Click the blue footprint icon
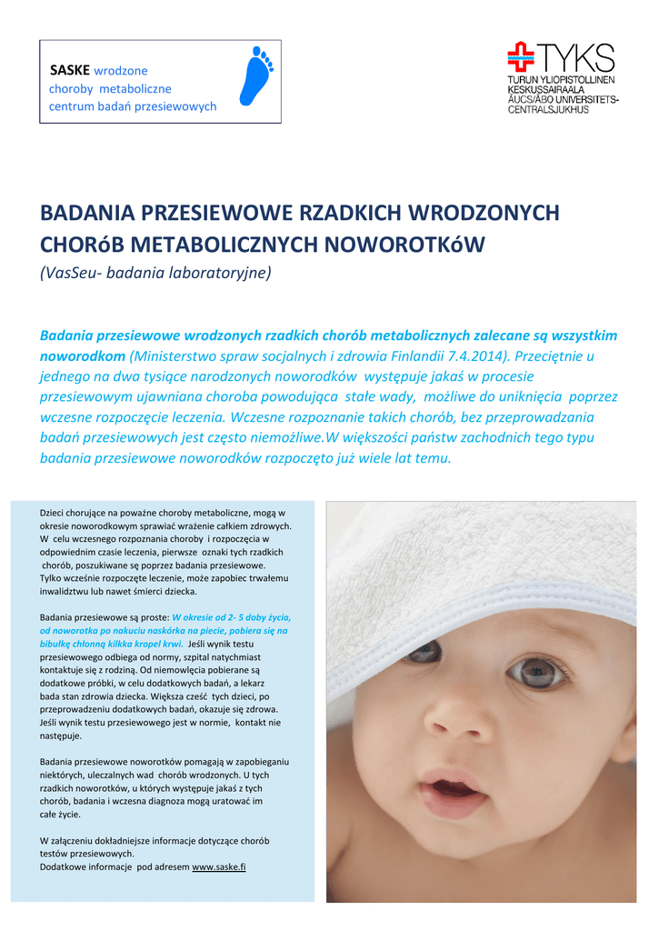point(258,77)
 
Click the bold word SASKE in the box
point(69,70)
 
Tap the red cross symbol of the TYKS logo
point(522,56)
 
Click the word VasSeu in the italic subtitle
point(71,272)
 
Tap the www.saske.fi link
point(219,866)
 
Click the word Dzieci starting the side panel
point(54,513)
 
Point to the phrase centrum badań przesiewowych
point(133,106)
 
